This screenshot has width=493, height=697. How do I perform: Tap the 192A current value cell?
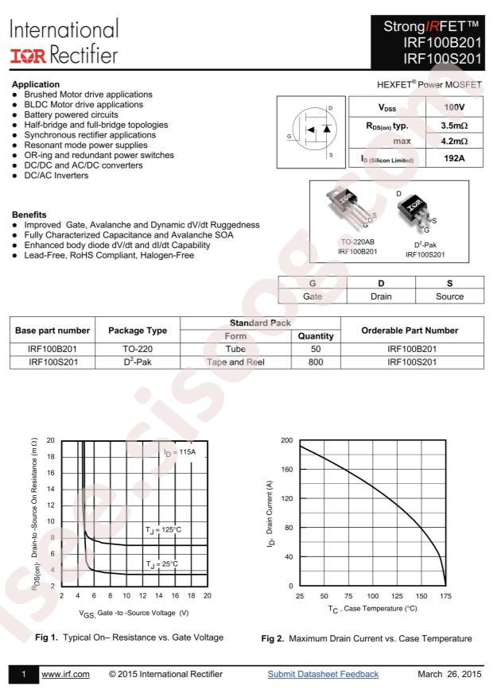[454, 158]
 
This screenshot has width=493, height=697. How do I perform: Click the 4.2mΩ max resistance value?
[454, 141]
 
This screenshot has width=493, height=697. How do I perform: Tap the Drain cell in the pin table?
[381, 296]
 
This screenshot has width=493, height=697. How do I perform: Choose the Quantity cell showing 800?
[315, 362]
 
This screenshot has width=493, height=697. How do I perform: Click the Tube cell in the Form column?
[235, 349]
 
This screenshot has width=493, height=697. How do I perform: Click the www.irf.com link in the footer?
[65, 674]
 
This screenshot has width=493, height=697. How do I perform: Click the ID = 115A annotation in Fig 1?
[180, 451]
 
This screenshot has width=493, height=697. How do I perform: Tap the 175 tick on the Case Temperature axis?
[444, 595]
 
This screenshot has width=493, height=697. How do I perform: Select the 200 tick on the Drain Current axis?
[287, 440]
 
